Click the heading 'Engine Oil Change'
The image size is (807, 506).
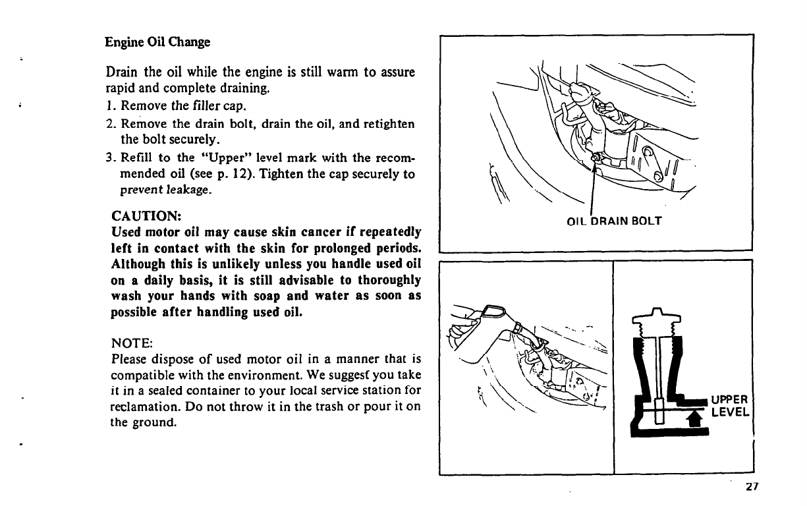(x=157, y=43)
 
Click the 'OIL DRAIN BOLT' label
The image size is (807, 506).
(x=613, y=221)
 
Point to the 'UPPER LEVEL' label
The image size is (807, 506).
(x=730, y=406)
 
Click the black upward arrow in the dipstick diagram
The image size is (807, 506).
(x=692, y=418)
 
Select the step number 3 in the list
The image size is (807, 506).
(x=109, y=158)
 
